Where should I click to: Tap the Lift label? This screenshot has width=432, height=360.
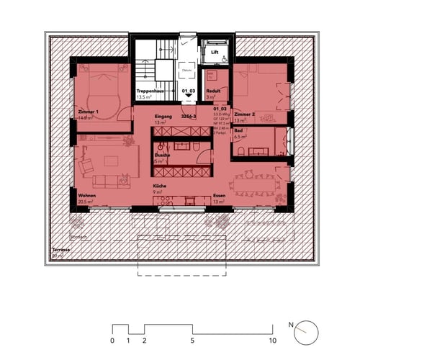pyautogui.click(x=215, y=52)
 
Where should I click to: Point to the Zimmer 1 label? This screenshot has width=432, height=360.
pyautogui.click(x=89, y=112)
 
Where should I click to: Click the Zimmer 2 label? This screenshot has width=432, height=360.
pyautogui.click(x=244, y=114)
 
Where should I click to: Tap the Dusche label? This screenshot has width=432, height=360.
pyautogui.click(x=161, y=156)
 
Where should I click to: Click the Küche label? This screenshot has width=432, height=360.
pyautogui.click(x=159, y=187)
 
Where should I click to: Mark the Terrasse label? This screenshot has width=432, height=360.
pyautogui.click(x=60, y=250)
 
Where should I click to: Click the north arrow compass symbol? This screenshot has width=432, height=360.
pyautogui.click(x=305, y=328)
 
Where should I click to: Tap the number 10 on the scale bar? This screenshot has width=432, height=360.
pyautogui.click(x=272, y=340)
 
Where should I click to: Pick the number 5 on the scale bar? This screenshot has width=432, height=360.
pyautogui.click(x=192, y=340)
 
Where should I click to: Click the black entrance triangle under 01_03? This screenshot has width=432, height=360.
pyautogui.click(x=188, y=104)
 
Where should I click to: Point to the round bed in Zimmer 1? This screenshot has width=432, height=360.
pyautogui.click(x=102, y=93)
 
